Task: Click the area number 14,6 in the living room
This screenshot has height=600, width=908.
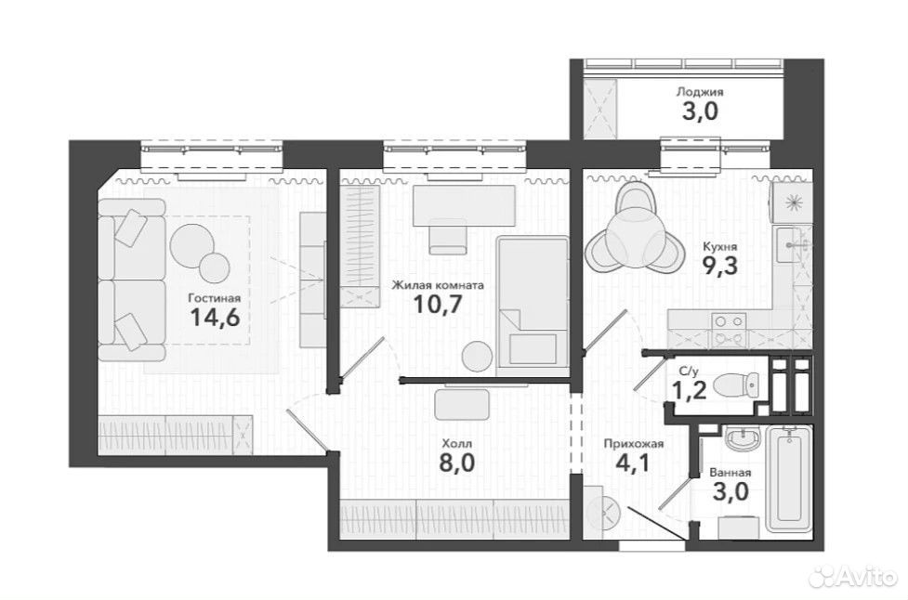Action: pyautogui.click(x=215, y=317)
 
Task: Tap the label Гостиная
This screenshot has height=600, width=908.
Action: pyautogui.click(x=215, y=298)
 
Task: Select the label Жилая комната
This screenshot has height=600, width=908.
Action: pyautogui.click(x=438, y=285)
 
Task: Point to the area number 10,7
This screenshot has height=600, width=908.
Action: pyautogui.click(x=438, y=304)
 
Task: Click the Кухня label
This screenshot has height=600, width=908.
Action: pyautogui.click(x=719, y=247)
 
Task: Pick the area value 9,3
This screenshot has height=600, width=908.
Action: pyautogui.click(x=719, y=267)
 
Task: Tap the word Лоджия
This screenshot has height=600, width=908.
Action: pyautogui.click(x=700, y=92)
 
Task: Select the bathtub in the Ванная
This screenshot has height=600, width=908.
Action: pyautogui.click(x=787, y=478)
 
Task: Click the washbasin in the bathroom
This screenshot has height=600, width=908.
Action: pyautogui.click(x=742, y=438)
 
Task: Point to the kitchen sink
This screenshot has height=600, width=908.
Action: pyautogui.click(x=791, y=245)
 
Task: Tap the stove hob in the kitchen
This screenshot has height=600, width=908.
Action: pyautogui.click(x=729, y=328)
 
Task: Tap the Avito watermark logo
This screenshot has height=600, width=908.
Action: pyautogui.click(x=856, y=576)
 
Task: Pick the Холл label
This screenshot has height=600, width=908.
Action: pyautogui.click(x=457, y=444)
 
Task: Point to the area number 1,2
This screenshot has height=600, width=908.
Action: pyautogui.click(x=689, y=390)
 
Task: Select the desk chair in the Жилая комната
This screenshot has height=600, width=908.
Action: pyautogui.click(x=448, y=236)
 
